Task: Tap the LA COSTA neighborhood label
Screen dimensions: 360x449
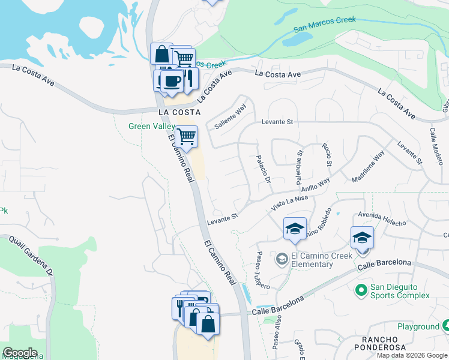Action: [x=178, y=112]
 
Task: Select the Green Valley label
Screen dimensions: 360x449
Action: [x=151, y=126]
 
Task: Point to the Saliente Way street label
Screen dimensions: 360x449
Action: [x=230, y=118]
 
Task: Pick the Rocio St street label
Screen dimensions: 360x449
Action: [x=328, y=154]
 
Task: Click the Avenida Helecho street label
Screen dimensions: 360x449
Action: [x=382, y=218]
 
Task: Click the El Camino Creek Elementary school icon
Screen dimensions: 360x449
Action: [x=282, y=260]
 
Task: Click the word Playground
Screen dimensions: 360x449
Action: [x=418, y=326]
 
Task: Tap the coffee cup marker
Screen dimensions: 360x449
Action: [x=173, y=81]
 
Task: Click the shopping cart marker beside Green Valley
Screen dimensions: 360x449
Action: [x=187, y=137]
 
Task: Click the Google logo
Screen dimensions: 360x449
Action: [x=20, y=353]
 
